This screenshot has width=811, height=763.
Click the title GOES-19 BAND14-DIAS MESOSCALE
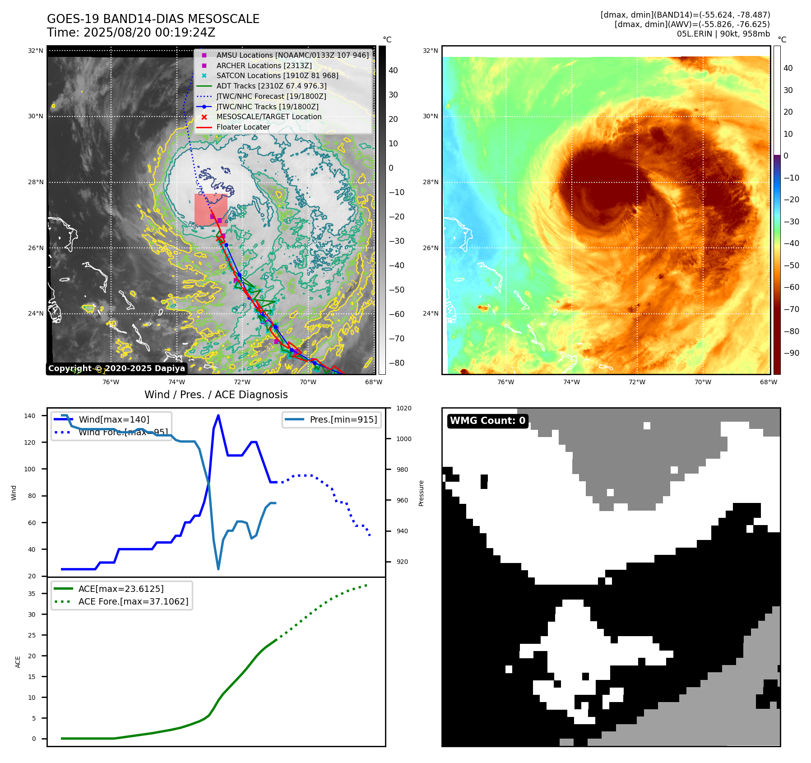[153, 19]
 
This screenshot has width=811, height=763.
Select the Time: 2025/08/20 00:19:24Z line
[131, 33]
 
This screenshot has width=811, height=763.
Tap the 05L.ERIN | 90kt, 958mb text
[723, 34]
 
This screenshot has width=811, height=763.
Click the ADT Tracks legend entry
[271, 86]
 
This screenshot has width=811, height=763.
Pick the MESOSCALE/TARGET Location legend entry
[269, 116]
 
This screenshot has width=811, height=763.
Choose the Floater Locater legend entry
[243, 127]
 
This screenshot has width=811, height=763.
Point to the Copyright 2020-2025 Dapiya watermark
[116, 368]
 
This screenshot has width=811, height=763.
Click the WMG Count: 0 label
[487, 421]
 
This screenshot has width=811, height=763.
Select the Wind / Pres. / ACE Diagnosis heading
[216, 395]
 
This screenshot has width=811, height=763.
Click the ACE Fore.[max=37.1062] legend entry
[133, 601]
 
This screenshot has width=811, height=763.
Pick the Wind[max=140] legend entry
[114, 419]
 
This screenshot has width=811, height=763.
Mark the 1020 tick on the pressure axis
[403, 408]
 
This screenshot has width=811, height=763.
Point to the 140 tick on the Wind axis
[30, 416]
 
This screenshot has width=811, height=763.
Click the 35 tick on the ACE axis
[32, 594]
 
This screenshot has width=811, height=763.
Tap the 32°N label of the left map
[36, 51]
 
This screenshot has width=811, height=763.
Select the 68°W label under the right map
[768, 382]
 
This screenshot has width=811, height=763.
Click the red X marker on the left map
[219, 238]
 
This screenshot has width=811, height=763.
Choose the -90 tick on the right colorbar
[791, 353]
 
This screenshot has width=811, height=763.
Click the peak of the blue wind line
[218, 415]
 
